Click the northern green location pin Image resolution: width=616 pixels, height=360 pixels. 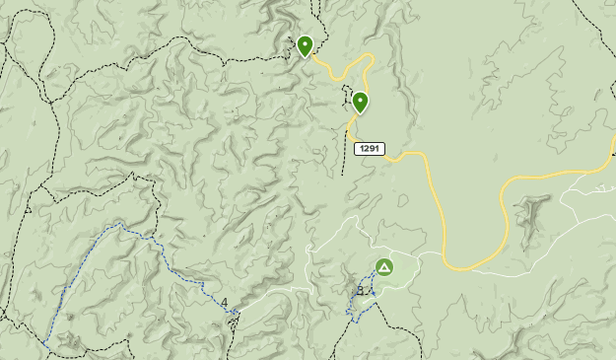point(305,45)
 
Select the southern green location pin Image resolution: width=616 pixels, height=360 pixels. point(360,102)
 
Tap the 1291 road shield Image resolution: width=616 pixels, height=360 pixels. point(370,149)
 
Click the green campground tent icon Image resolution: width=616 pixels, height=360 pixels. point(383,266)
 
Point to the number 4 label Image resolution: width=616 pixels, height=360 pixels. point(224,303)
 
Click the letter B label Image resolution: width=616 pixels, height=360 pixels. point(361,290)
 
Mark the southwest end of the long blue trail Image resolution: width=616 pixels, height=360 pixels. point(45,344)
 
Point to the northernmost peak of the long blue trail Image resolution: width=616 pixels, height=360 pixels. point(120,225)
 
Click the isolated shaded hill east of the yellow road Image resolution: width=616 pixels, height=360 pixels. point(535,212)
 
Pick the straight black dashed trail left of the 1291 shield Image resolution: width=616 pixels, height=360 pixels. point(345,148)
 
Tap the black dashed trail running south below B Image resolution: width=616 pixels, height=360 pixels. point(340,340)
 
